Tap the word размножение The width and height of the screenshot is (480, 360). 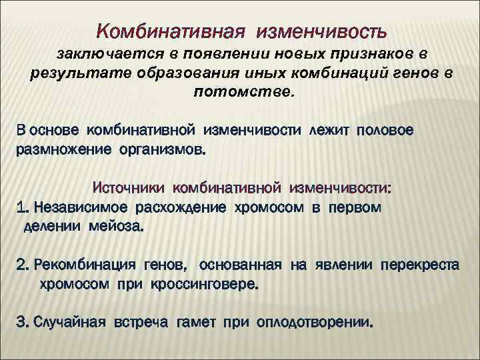coord(62,149)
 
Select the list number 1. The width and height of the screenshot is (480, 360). coord(22,207)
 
